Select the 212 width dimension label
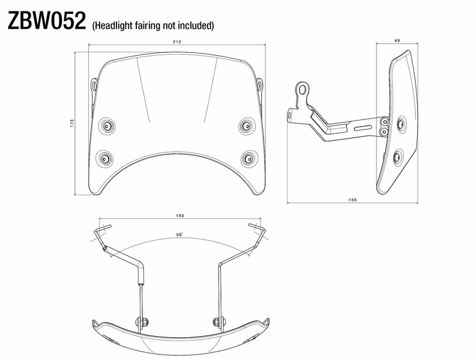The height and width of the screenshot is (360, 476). (177, 41)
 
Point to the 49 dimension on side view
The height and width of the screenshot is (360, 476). (397, 41)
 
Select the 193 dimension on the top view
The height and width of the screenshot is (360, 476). (180, 214)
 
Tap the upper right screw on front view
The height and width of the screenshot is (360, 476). (246, 125)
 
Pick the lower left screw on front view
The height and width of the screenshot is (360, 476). (105, 158)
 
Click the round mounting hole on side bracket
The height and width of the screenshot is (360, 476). (305, 90)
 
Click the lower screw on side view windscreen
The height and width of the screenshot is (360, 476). (397, 157)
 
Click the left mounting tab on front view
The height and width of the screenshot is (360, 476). (94, 86)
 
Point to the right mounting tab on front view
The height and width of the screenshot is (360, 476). (259, 86)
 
